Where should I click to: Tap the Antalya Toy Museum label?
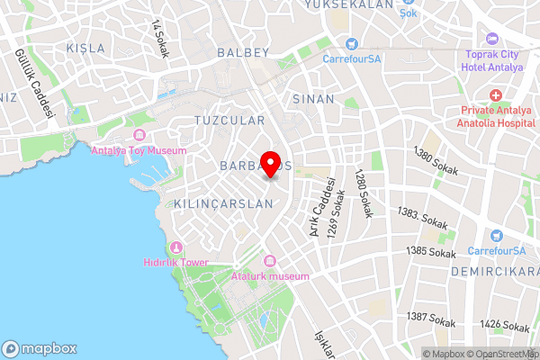tap(139, 150)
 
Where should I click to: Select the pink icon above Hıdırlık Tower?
tap(176, 247)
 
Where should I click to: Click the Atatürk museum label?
tap(270, 275)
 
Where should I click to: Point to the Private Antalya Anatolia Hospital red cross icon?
tap(495, 95)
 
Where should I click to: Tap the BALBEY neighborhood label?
tap(242, 53)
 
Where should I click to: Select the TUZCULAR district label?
tap(229, 120)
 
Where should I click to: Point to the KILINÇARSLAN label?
tap(224, 204)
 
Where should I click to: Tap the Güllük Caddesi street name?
tap(32, 85)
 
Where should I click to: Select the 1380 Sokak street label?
tap(434, 162)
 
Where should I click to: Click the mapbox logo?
tap(40, 348)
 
